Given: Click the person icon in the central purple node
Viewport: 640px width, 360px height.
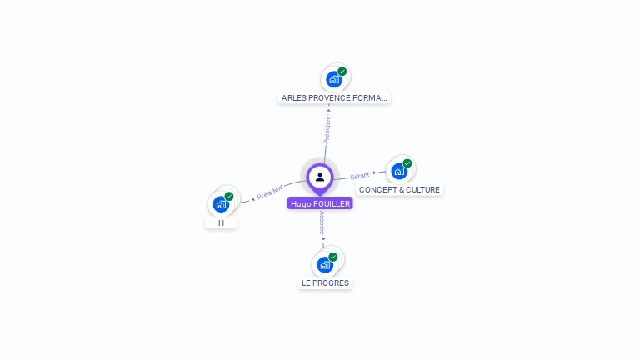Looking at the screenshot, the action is pos(320,177).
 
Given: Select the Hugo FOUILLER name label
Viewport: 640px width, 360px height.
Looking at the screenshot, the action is pos(320,203).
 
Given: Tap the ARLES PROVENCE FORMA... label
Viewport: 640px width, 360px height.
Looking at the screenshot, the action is pos(334,97).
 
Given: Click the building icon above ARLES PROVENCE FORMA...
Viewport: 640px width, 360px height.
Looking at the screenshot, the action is pos(333,79).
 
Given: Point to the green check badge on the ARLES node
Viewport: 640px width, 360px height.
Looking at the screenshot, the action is pos(342,72).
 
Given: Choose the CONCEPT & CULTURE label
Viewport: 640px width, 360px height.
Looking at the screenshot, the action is pos(399,190).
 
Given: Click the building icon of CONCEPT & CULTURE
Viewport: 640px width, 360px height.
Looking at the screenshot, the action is pos(398,171).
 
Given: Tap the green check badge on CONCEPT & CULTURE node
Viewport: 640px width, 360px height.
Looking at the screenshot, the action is pos(407,163).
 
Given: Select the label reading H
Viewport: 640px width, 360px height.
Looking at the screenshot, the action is pos(221,223).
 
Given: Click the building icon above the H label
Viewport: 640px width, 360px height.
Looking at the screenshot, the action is pos(220,204).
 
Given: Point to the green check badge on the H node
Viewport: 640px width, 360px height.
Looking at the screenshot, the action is pos(229,197).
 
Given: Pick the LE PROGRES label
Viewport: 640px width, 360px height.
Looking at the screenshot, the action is pos(325,283).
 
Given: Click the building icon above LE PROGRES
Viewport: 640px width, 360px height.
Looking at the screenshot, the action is pos(324,264).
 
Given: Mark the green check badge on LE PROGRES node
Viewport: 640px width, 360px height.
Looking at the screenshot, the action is pos(333,257).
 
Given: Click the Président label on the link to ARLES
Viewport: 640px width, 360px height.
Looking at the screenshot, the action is pos(327,130).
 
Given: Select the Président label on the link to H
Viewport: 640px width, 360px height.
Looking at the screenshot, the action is pos(270,192).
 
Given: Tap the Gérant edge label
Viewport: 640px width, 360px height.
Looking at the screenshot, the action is pos(360,176).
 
